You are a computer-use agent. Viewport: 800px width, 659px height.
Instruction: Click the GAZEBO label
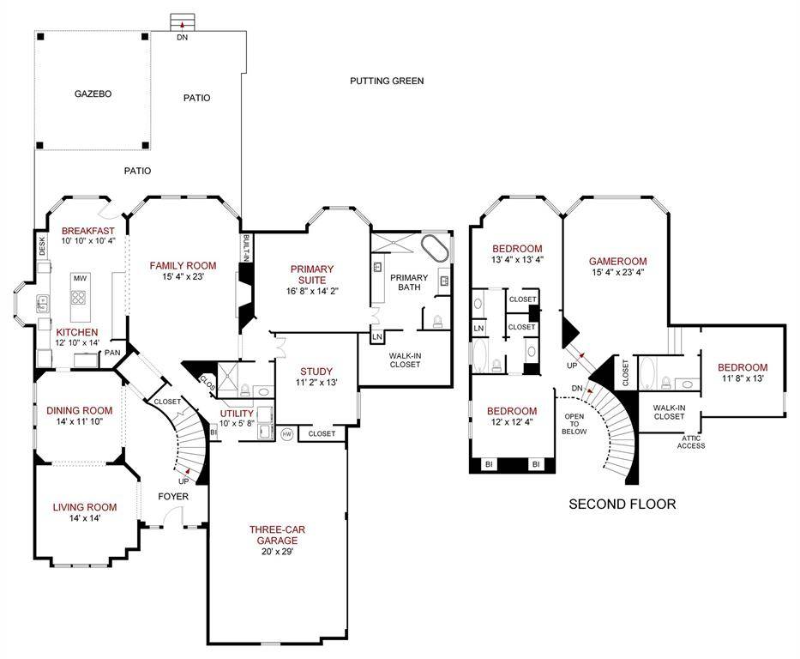coord(93,94)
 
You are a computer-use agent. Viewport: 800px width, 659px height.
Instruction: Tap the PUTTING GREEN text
coord(387,81)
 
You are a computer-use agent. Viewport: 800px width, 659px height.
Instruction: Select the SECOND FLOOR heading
coord(622,505)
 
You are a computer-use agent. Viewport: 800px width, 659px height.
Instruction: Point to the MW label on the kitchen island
coord(80,278)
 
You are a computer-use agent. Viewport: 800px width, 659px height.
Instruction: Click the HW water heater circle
coord(287,434)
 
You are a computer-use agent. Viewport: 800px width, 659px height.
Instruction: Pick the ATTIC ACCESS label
coord(691,442)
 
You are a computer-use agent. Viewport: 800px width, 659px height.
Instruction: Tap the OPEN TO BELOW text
coord(574,424)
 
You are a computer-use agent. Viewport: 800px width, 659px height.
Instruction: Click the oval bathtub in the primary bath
coord(435,249)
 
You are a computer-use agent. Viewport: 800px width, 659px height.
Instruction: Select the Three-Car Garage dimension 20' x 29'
coord(277,551)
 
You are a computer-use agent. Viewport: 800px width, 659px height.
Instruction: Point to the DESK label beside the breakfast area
coord(42,245)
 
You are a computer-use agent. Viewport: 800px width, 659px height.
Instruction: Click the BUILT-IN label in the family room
coord(246,249)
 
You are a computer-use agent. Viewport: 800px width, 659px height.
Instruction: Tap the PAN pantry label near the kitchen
coord(112,352)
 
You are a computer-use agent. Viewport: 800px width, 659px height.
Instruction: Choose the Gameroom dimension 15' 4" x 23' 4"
coord(618,272)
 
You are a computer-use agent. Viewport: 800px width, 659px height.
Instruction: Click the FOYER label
coord(173,496)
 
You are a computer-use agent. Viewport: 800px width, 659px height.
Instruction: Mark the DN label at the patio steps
coord(182,37)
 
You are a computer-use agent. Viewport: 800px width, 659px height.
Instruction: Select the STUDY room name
coord(316,372)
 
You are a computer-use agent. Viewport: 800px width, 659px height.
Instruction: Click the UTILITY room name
coord(237,414)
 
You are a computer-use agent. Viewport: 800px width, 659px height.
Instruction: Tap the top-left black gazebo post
coord(41,37)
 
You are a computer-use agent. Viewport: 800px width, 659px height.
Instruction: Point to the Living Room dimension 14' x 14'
coord(85,518)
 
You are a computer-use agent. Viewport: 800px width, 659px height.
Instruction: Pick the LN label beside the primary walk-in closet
coord(377,337)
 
